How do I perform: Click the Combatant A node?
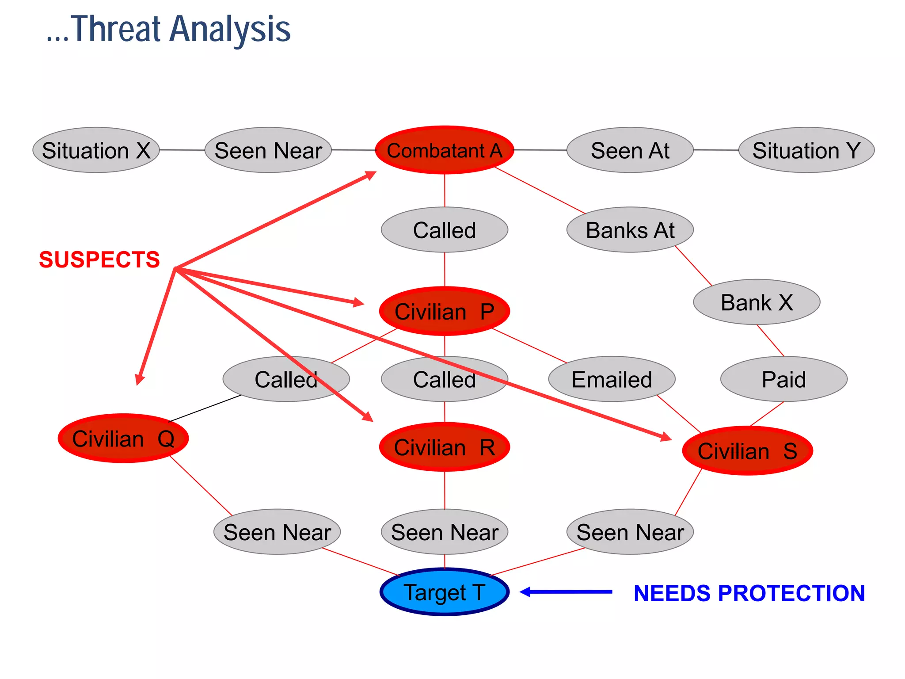(445, 150)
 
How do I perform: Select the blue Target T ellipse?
(445, 592)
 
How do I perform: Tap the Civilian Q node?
(123, 439)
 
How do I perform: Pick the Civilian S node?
(747, 451)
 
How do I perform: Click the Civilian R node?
(445, 447)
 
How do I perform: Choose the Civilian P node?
(445, 311)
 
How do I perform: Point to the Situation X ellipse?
(96, 150)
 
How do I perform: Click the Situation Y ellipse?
(806, 150)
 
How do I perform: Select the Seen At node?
(630, 150)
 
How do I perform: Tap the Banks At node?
(630, 230)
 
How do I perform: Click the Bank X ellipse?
(757, 302)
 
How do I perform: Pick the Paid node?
(783, 379)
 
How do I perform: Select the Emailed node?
(612, 379)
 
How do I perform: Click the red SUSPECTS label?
(99, 259)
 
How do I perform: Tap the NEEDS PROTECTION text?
(749, 593)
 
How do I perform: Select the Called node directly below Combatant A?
(445, 230)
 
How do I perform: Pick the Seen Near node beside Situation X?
(268, 150)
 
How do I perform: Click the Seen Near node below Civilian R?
(445, 532)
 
